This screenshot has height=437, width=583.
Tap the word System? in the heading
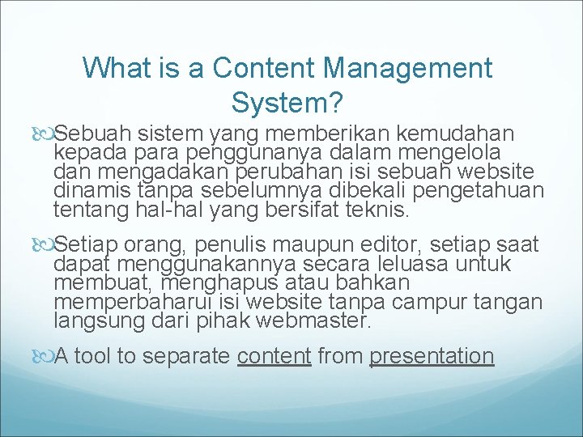tap(287, 103)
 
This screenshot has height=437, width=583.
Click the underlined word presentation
tap(432, 356)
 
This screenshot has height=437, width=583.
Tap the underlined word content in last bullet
tap(274, 356)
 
